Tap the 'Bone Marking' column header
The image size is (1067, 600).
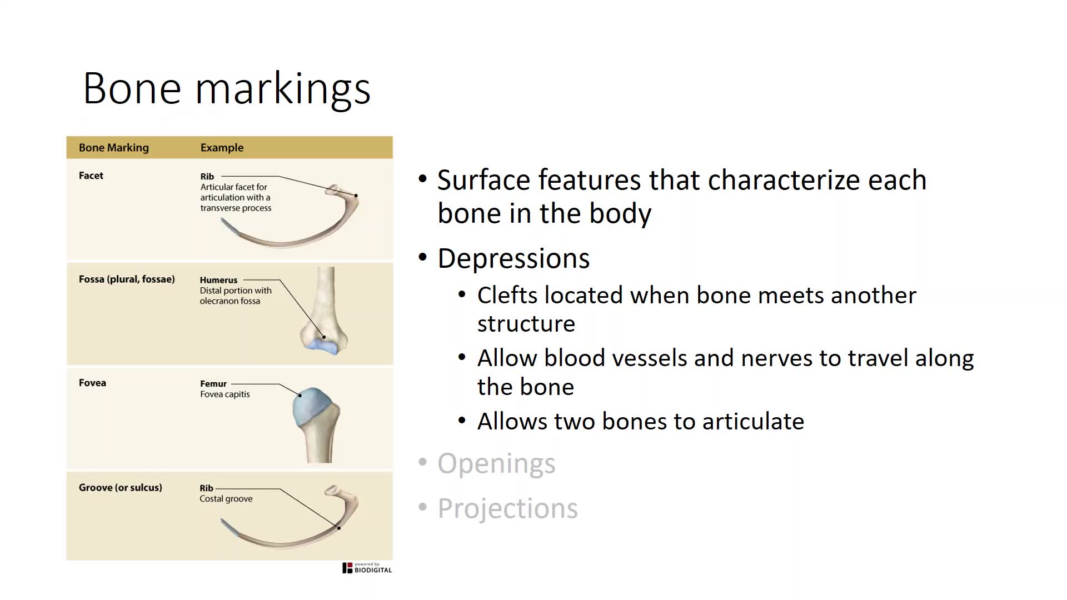[114, 148]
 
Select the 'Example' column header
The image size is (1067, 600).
[222, 148]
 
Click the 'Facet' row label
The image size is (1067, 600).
[91, 176]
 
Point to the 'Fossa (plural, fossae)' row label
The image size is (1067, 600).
[127, 279]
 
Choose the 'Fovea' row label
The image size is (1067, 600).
[92, 383]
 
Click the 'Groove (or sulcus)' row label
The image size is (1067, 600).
[121, 488]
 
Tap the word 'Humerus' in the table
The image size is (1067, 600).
[218, 280]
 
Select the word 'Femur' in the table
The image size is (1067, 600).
[213, 384]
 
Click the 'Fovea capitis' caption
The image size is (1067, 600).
[225, 394]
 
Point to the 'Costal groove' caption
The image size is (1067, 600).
[226, 499]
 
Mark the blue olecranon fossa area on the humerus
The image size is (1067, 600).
[321, 346]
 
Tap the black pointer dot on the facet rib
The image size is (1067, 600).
[356, 196]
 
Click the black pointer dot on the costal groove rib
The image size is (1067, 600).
[338, 528]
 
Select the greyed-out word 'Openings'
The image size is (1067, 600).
[496, 464]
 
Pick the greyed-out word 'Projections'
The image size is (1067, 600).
[507, 509]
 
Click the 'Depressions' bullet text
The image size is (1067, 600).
[513, 259]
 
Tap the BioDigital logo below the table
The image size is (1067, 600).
[367, 568]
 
